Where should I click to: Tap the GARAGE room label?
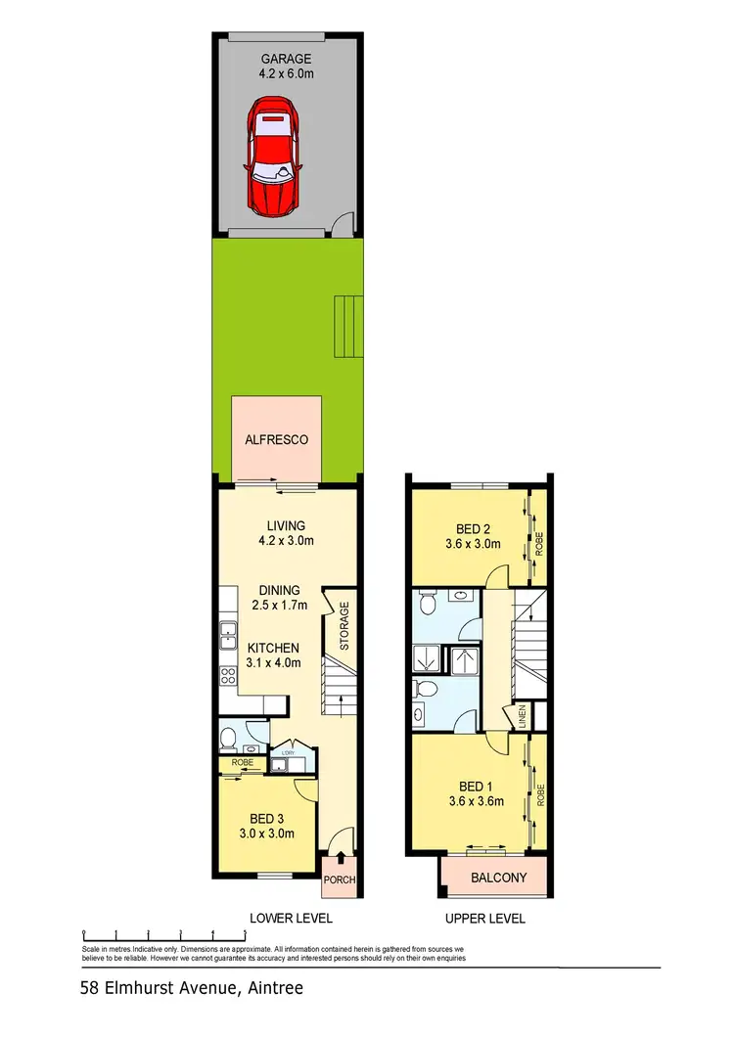290,59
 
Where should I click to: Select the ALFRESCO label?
276,440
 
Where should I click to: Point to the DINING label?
279,590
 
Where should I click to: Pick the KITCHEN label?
273,648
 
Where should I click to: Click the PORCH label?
340,880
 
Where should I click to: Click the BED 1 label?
475,786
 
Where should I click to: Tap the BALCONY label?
499,878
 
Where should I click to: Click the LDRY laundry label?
288,752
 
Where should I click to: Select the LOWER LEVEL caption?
292,918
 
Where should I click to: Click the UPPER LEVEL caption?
485,918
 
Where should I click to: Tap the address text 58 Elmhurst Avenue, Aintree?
192,988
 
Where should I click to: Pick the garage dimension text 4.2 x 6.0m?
290,72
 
